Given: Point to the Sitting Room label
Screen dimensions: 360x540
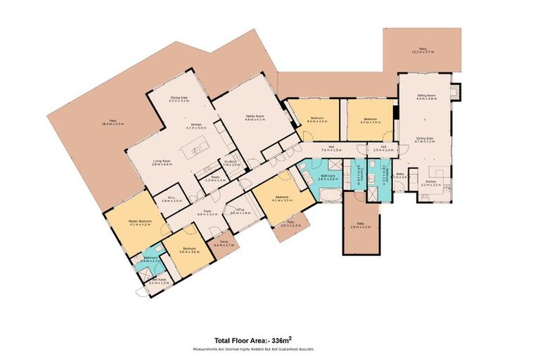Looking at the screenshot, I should tap(426, 97).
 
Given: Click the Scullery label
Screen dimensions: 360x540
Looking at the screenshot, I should tap(230, 162).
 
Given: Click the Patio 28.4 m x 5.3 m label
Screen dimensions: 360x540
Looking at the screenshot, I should tap(112, 123).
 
